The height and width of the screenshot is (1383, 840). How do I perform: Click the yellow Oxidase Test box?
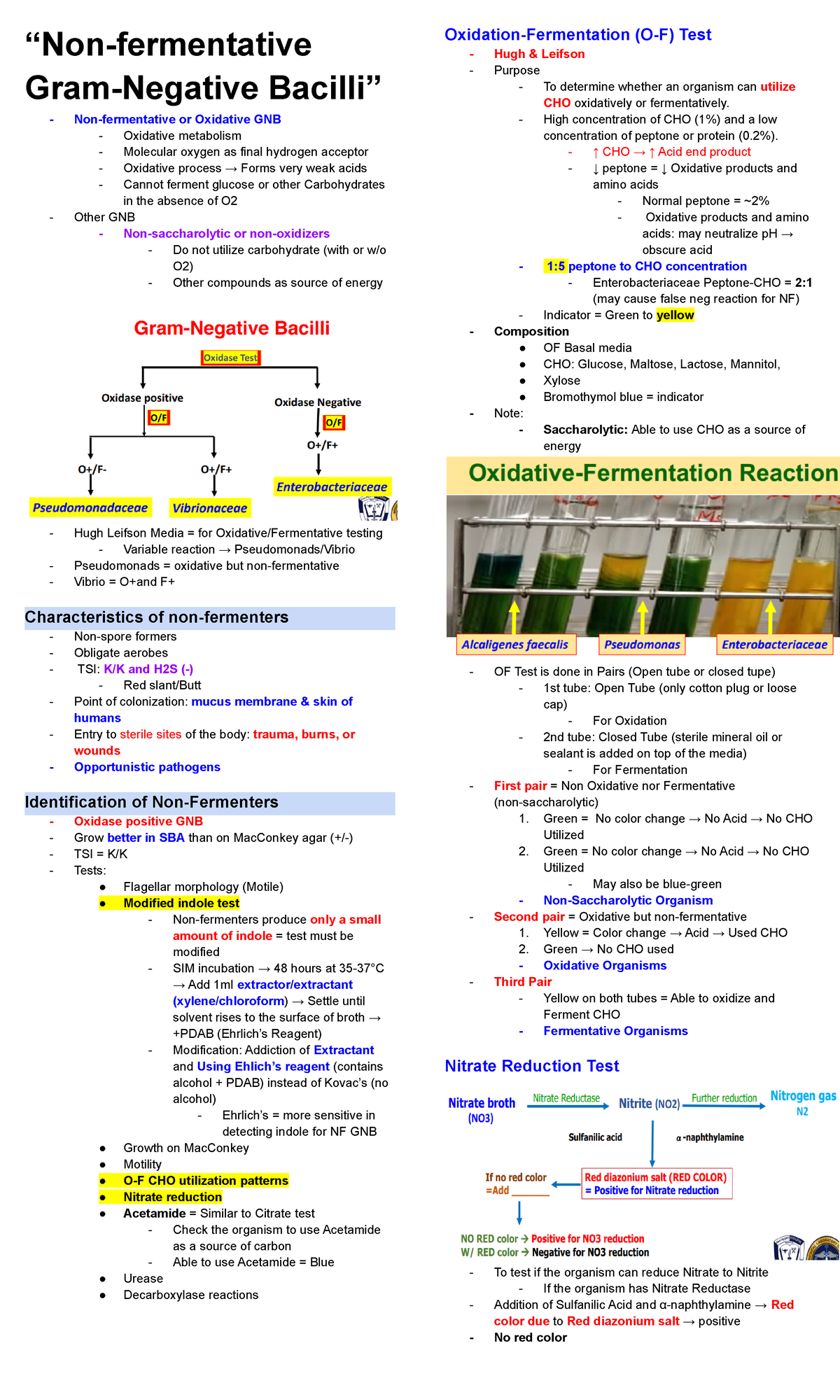tap(230, 358)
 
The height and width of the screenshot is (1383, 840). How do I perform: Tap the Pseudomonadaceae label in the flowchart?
tap(90, 507)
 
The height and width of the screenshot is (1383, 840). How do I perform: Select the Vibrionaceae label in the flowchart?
tap(210, 508)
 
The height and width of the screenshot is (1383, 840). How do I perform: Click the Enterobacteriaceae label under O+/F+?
tap(332, 486)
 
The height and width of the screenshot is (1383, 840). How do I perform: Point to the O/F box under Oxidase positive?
tap(159, 418)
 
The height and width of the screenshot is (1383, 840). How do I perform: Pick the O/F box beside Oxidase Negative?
tap(334, 422)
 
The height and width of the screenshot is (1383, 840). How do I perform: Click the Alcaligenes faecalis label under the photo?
tap(515, 645)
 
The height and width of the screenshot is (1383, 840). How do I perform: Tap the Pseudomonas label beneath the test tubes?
tap(642, 645)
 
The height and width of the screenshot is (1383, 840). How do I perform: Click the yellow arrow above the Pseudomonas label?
tap(643, 617)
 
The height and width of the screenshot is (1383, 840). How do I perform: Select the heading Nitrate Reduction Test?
tap(532, 1066)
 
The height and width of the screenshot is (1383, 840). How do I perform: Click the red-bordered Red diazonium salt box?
tap(656, 1184)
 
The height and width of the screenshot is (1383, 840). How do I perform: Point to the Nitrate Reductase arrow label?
tap(566, 1098)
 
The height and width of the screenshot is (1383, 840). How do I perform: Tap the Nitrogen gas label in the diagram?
tap(803, 1097)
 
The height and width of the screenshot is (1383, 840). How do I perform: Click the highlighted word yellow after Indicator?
tap(675, 315)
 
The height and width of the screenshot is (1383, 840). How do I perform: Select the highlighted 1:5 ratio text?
tap(556, 266)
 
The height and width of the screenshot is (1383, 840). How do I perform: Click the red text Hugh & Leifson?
tap(539, 54)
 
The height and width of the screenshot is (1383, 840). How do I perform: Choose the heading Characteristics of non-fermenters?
tap(157, 617)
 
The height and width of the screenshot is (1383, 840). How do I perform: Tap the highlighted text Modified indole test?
tap(181, 903)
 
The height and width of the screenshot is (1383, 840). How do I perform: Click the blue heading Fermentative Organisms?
tap(615, 1031)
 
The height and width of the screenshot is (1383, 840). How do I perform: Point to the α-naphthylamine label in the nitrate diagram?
tap(710, 1137)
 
